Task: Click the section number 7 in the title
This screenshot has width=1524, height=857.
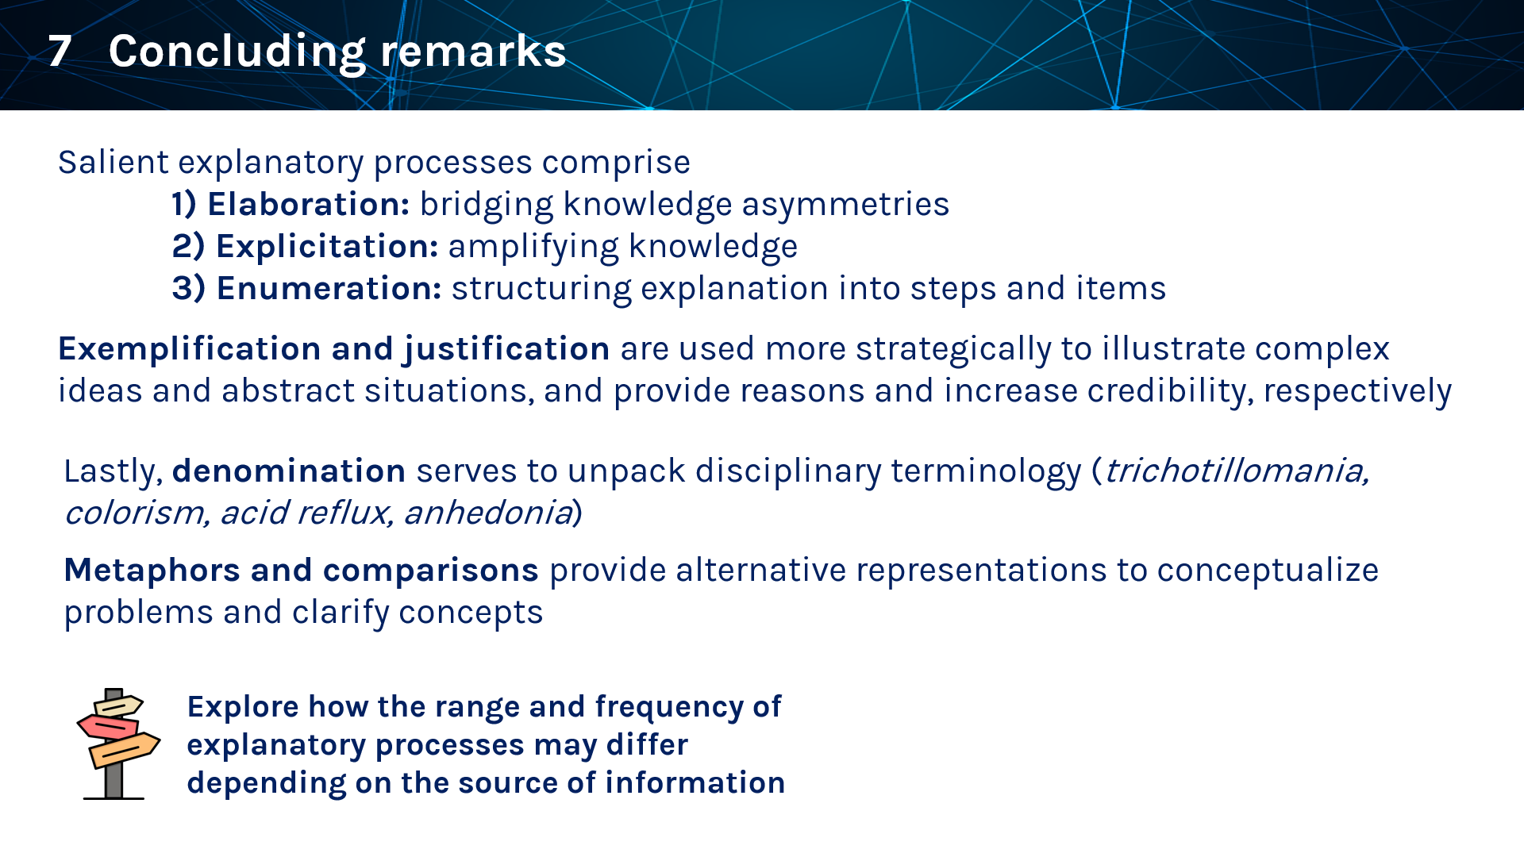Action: click(x=60, y=52)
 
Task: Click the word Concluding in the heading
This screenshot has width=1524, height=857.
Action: click(x=237, y=52)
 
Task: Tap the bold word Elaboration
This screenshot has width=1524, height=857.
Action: click(x=308, y=205)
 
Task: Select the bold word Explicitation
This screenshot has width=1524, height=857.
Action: click(x=327, y=247)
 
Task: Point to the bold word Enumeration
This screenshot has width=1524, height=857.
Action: click(x=329, y=288)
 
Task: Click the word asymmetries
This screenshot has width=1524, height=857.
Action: click(x=845, y=206)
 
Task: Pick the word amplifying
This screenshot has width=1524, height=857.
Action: click(x=533, y=247)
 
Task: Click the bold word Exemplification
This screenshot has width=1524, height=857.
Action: click(x=190, y=350)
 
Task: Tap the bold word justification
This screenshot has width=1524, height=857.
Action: click(x=506, y=350)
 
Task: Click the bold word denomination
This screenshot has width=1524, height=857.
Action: click(x=289, y=471)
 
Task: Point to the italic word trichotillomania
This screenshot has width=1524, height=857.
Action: click(x=1236, y=471)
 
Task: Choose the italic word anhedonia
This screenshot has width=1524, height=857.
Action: click(x=487, y=513)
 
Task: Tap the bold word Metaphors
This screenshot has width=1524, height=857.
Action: click(x=152, y=571)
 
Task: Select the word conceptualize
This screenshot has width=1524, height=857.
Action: click(x=1268, y=571)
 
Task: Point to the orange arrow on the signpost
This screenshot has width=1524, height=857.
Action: click(x=125, y=750)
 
